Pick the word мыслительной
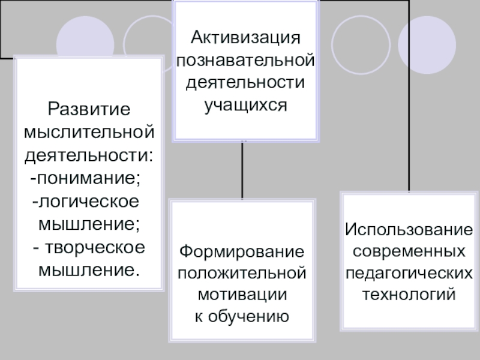(89, 133)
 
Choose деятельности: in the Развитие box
(89, 155)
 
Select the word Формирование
(243, 250)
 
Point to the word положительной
(243, 272)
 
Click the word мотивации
(243, 295)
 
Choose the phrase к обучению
(243, 316)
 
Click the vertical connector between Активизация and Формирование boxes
(242, 171)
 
